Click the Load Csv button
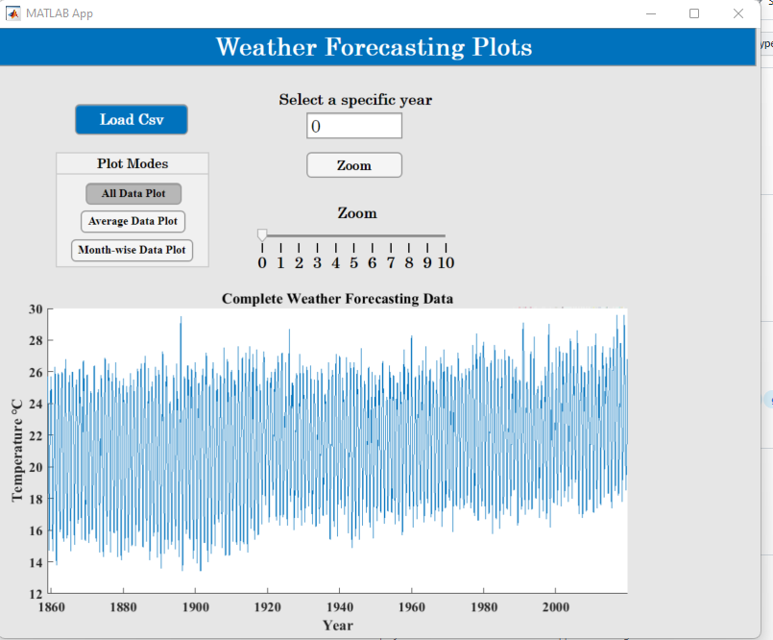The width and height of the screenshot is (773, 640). (x=132, y=119)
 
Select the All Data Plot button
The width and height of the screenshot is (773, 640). (x=133, y=193)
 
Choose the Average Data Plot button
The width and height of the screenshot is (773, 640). (x=133, y=221)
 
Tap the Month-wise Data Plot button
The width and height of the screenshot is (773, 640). (x=133, y=250)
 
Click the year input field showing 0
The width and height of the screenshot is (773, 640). (x=353, y=126)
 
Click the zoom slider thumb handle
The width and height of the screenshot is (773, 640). (x=262, y=235)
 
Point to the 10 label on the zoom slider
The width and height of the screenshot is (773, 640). (x=446, y=262)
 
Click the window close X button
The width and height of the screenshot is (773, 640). (x=737, y=13)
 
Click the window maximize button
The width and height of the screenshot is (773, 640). (x=694, y=13)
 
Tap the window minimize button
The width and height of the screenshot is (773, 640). (x=651, y=13)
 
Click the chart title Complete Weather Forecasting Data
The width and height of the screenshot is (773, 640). (x=337, y=299)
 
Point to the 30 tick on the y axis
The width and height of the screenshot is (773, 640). (x=36, y=309)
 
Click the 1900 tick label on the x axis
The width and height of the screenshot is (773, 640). (x=195, y=607)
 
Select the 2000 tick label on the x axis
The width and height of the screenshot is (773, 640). (x=555, y=607)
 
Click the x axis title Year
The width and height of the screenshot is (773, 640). (x=337, y=626)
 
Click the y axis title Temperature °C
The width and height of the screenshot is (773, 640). (x=16, y=451)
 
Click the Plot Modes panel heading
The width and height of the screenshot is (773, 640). (x=133, y=163)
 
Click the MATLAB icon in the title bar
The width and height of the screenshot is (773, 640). (x=13, y=13)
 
